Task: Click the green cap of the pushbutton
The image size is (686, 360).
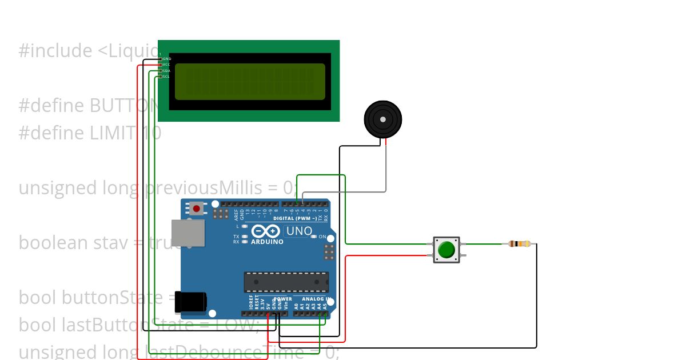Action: (446, 250)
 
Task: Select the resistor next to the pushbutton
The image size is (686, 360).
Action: (519, 244)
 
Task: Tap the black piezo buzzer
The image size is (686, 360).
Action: (382, 119)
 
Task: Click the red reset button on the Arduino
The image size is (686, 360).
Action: (197, 209)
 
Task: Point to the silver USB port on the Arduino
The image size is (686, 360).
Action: (188, 233)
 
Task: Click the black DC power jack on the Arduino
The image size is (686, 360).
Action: (192, 302)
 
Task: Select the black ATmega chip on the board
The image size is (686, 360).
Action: (286, 282)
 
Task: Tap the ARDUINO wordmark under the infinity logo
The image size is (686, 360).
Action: (267, 242)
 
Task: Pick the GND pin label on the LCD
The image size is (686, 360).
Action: (167, 59)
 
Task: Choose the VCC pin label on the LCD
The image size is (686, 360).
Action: (166, 65)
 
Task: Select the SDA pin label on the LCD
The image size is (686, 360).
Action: (166, 71)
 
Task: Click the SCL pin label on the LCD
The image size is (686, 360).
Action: (166, 77)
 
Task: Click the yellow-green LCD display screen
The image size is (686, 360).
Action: (250, 81)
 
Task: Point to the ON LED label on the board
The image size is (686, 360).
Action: (322, 237)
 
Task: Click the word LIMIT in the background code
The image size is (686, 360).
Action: (112, 133)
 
